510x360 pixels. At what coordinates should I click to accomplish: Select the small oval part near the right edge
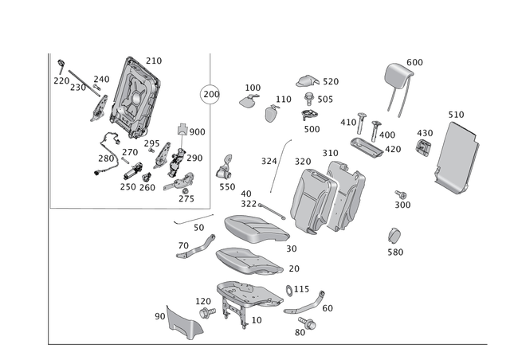(394, 237)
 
